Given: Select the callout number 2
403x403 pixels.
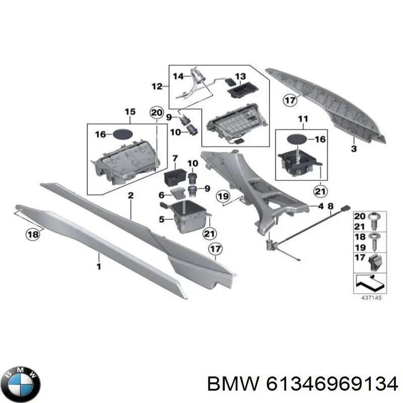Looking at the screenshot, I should (x=130, y=196).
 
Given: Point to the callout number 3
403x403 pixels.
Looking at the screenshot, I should (x=354, y=149).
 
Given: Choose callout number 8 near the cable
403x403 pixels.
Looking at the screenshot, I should (x=330, y=206).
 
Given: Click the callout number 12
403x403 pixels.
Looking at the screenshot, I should (x=157, y=86).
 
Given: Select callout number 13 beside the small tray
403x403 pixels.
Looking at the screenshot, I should (x=240, y=77).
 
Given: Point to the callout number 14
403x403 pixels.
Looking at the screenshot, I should (x=179, y=77).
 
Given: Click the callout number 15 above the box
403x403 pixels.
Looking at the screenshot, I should (x=130, y=111).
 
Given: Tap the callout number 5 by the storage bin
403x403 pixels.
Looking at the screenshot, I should (x=163, y=219).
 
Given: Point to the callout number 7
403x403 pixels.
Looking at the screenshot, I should (x=175, y=158).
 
